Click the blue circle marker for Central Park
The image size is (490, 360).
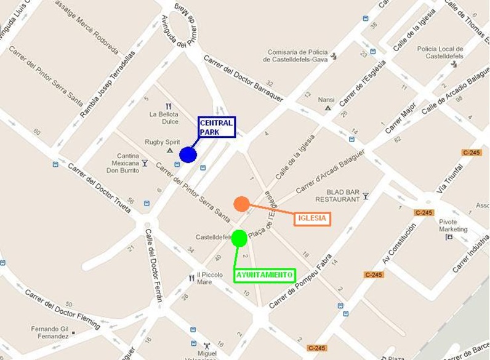click(x=188, y=154)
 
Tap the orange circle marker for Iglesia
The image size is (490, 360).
click(x=241, y=204)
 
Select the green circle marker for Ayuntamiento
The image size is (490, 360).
click(x=239, y=238)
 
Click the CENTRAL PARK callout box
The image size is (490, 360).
click(x=217, y=127)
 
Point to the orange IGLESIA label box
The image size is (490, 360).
click(x=312, y=218)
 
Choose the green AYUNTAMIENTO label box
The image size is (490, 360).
click(x=264, y=275)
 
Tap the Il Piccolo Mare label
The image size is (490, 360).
click(x=212, y=278)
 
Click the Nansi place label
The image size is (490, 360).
click(x=326, y=100)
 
